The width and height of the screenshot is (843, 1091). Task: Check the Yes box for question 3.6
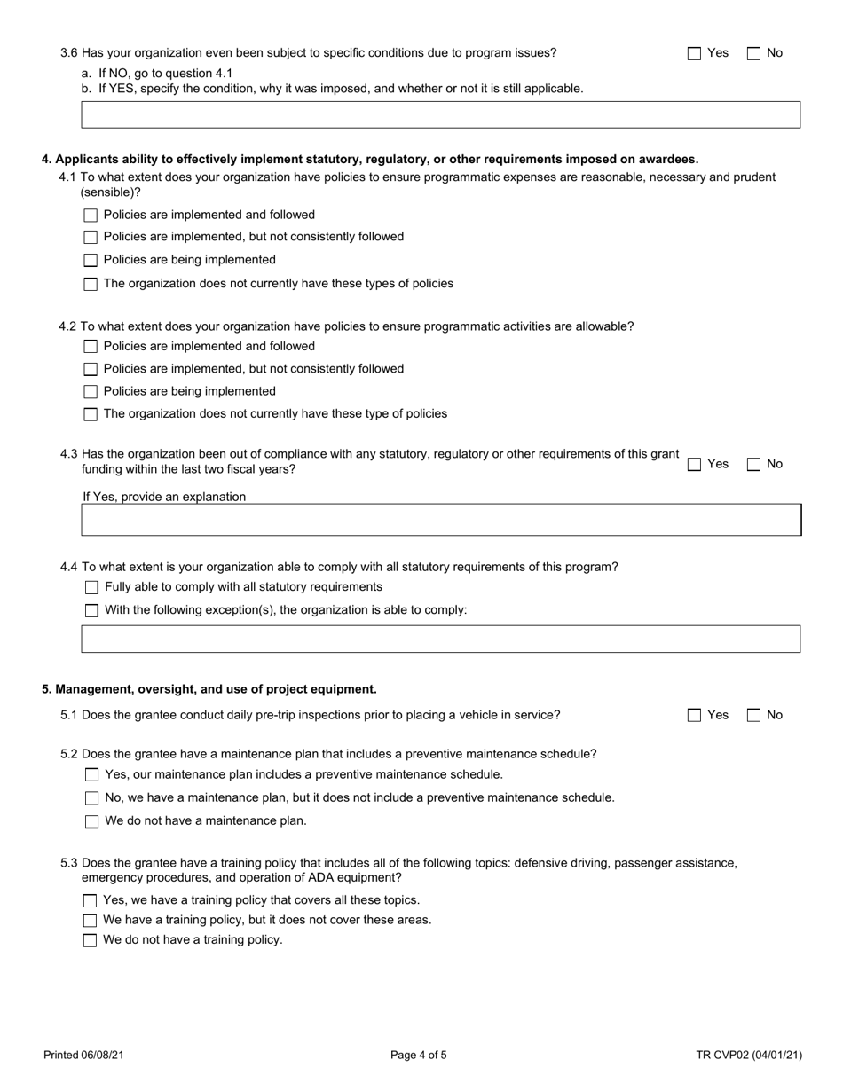(x=695, y=53)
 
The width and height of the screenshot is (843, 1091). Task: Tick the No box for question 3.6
(x=754, y=53)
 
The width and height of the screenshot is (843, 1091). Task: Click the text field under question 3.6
(x=440, y=114)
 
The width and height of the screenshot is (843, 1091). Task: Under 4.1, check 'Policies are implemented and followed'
(x=91, y=216)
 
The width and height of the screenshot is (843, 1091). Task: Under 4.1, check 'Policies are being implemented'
(x=91, y=261)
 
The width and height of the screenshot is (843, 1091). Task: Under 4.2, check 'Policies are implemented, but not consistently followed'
(x=91, y=369)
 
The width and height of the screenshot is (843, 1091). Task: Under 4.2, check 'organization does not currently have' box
(x=91, y=414)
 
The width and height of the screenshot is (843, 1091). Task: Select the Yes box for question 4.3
(x=695, y=464)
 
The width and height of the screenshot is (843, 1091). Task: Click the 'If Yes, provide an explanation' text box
(x=440, y=520)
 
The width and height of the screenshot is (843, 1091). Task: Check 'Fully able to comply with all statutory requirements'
(x=91, y=587)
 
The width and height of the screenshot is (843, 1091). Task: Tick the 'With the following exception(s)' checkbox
(x=91, y=610)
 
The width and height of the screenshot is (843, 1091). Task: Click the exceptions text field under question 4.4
(x=440, y=639)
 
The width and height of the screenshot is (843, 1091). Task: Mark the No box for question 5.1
(x=754, y=715)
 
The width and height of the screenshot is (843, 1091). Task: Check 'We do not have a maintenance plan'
(x=91, y=821)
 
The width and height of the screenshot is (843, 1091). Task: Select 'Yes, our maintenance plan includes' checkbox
(x=91, y=775)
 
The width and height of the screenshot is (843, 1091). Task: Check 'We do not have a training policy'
(x=90, y=940)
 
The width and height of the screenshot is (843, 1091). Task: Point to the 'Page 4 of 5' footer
(x=419, y=1056)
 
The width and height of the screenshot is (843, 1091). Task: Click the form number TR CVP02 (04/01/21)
(x=749, y=1056)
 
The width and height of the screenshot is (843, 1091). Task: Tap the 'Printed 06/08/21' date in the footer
(x=83, y=1056)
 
